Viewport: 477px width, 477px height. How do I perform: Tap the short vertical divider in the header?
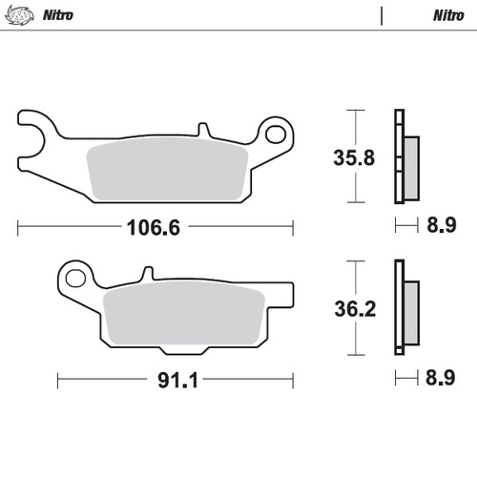382,15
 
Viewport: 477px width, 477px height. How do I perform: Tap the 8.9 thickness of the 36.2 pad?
442,380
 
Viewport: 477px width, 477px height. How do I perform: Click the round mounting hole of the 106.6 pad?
277,134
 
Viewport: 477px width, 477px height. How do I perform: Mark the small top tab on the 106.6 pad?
202,130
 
